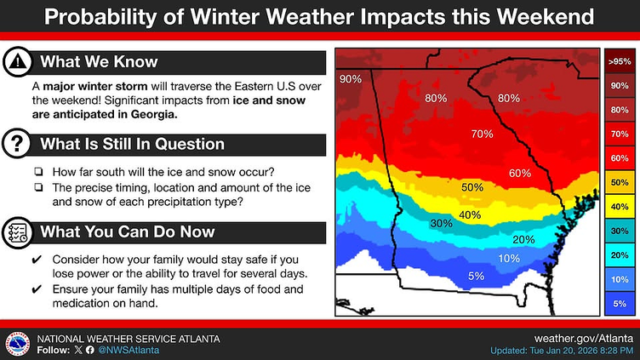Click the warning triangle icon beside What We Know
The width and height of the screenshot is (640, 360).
pyautogui.click(x=16, y=61)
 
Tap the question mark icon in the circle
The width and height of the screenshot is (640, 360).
pyautogui.click(x=16, y=144)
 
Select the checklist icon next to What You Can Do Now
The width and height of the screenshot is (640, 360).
pyautogui.click(x=16, y=231)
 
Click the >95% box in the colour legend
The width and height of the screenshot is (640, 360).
pyautogui.click(x=619, y=61)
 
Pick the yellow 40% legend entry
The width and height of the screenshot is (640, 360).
pyautogui.click(x=619, y=206)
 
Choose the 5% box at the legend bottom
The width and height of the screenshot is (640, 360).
pyautogui.click(x=619, y=303)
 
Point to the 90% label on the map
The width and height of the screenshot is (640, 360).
pyautogui.click(x=351, y=79)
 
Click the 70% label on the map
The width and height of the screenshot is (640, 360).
pyautogui.click(x=482, y=134)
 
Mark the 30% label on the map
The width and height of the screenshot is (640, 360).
pyautogui.click(x=441, y=223)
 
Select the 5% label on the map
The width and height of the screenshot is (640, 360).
pyautogui.click(x=476, y=276)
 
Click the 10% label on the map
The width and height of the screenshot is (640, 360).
pyautogui.click(x=509, y=258)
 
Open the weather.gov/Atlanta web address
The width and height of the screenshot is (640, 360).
pyautogui.click(x=584, y=338)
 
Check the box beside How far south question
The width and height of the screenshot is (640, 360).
pyautogui.click(x=38, y=171)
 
